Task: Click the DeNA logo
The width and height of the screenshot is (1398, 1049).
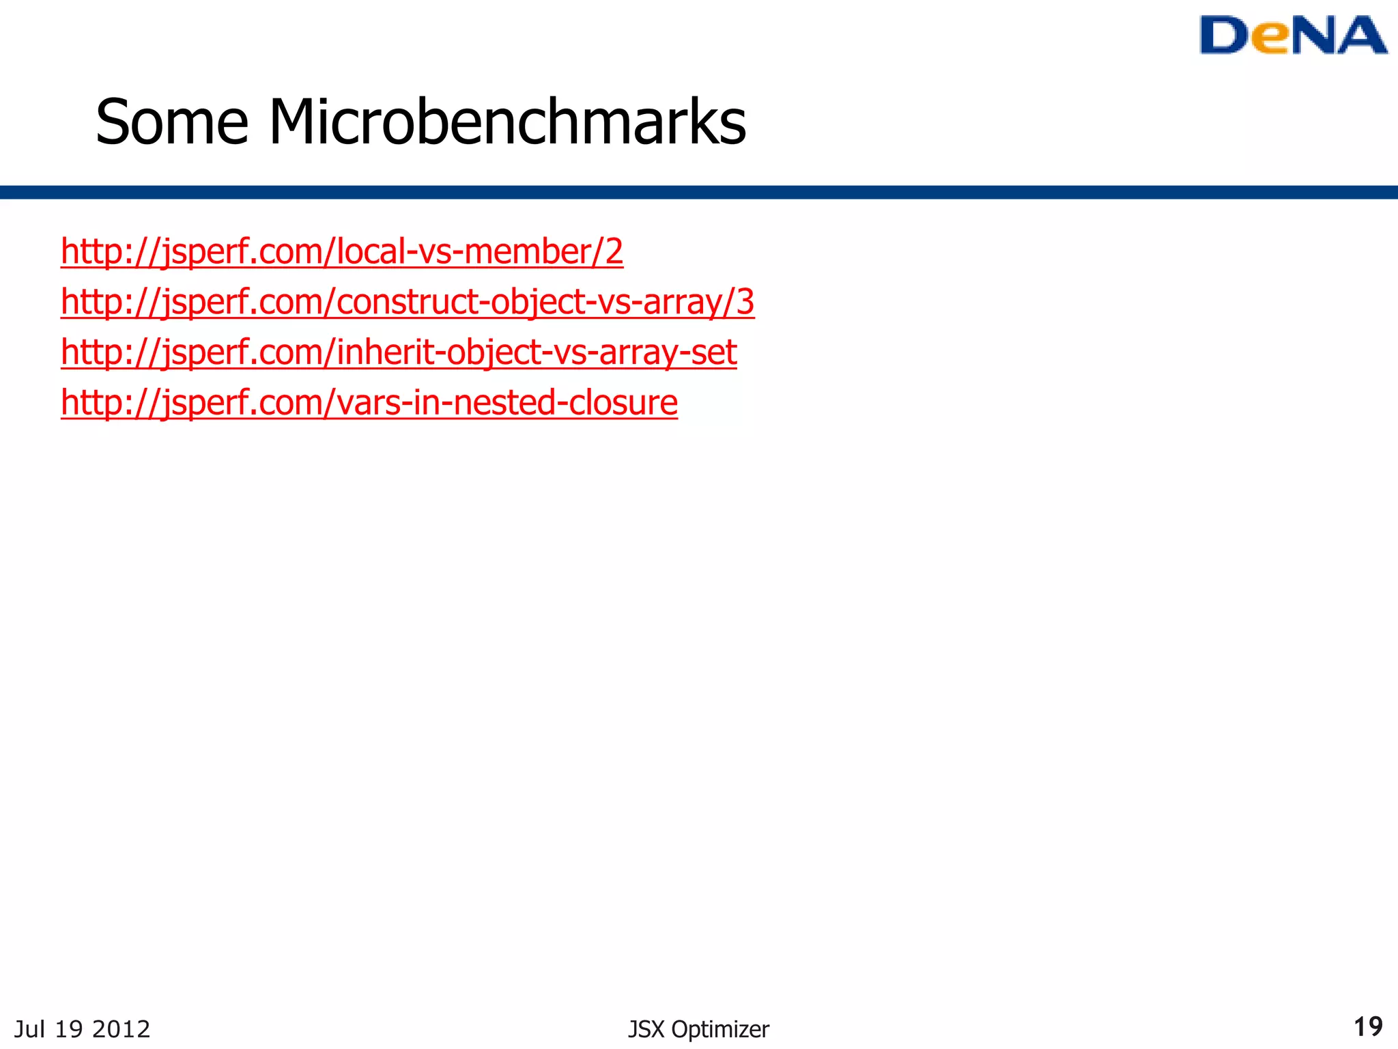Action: (1293, 36)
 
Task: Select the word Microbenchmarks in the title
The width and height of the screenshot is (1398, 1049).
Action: (507, 122)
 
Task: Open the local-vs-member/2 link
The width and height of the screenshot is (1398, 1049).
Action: (341, 251)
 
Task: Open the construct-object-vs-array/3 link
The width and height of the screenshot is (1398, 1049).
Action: (407, 302)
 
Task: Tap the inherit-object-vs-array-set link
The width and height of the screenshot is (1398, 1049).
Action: (399, 352)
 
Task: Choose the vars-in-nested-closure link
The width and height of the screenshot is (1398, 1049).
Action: (369, 402)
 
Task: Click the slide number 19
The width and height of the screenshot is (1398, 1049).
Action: (1368, 1026)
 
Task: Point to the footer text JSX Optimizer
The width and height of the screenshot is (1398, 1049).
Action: (698, 1029)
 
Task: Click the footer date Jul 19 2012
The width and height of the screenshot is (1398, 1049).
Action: (82, 1029)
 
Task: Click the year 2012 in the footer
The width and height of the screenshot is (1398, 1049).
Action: (121, 1029)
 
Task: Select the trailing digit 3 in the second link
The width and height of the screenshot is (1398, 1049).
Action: (745, 302)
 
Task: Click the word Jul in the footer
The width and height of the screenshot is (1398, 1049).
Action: (30, 1029)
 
